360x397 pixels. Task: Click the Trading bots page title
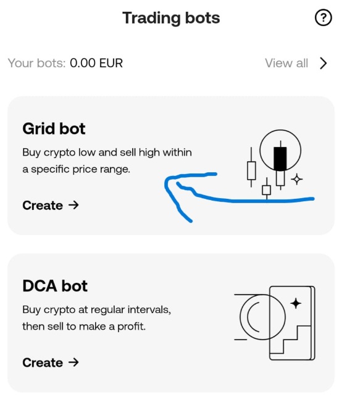(x=171, y=18)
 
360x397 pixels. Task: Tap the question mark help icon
(x=323, y=18)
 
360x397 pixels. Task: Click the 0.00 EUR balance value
(x=96, y=63)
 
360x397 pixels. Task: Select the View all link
(x=286, y=63)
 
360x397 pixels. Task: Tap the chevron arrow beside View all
(x=323, y=63)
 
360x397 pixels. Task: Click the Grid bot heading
(x=54, y=128)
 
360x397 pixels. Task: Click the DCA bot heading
(x=55, y=286)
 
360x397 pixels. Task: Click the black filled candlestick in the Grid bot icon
(x=280, y=159)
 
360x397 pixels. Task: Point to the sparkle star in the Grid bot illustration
(x=297, y=179)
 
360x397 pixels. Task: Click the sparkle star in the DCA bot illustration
(x=295, y=303)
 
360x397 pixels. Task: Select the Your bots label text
(x=36, y=63)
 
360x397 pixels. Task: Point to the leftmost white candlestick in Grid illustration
(x=251, y=169)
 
